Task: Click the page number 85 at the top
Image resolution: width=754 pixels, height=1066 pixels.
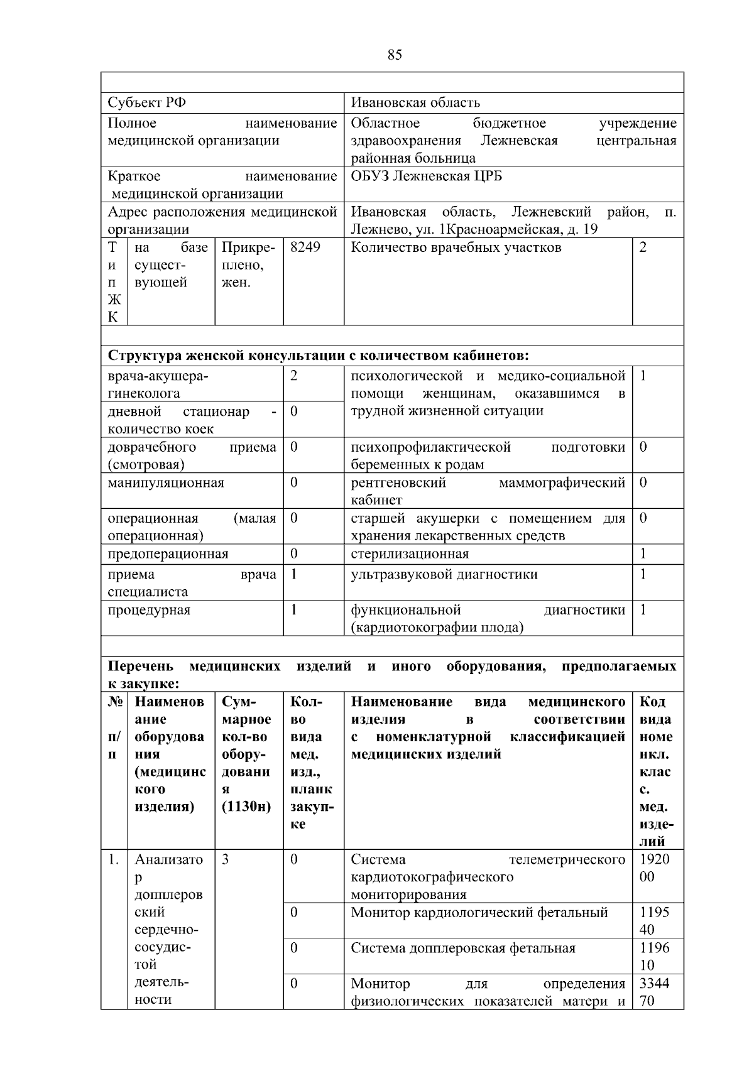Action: (395, 55)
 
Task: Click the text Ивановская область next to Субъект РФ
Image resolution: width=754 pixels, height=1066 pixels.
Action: (415, 102)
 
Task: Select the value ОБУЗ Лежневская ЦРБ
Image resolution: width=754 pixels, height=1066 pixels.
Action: (426, 176)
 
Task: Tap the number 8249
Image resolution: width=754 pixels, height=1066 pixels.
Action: (305, 247)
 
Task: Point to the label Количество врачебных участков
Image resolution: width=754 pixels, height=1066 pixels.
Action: (456, 247)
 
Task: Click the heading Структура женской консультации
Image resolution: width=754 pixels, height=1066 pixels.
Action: (318, 356)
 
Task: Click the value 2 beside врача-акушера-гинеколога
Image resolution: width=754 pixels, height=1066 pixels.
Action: (294, 376)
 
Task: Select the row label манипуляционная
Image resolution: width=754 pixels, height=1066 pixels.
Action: (166, 483)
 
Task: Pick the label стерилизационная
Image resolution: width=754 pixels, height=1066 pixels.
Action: (410, 554)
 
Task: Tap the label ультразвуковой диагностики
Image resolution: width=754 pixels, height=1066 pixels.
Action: (444, 574)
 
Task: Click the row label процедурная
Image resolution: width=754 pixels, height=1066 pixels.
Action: (149, 610)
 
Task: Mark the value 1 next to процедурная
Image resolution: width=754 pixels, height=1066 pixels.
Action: (294, 610)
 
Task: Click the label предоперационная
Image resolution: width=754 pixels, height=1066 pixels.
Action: (168, 554)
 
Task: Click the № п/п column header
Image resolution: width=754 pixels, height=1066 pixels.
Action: (114, 728)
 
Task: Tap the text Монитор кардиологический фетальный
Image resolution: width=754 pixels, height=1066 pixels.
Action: (479, 913)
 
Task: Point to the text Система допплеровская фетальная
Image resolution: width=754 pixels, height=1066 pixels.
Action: (463, 948)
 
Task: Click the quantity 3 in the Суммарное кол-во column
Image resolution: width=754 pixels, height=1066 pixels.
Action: (226, 859)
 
